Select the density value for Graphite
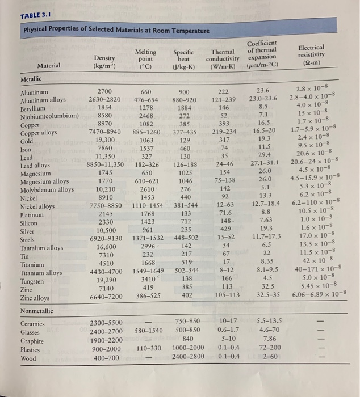(105, 340)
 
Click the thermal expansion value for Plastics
(263, 348)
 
